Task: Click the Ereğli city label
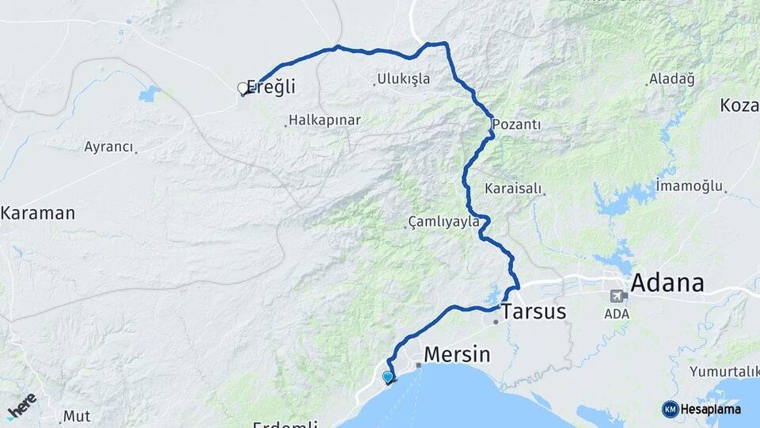click(x=271, y=86)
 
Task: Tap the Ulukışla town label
click(x=403, y=78)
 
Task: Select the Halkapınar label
click(x=325, y=120)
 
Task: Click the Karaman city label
click(x=37, y=212)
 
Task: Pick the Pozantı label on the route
click(x=516, y=124)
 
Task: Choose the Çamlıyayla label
click(x=443, y=221)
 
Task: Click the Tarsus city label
click(x=533, y=311)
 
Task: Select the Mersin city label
click(x=458, y=353)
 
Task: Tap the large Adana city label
click(x=667, y=283)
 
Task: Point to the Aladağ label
click(x=671, y=78)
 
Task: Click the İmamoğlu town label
click(x=690, y=186)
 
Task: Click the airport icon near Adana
click(x=617, y=296)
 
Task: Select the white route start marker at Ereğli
click(x=243, y=89)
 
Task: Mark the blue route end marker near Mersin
click(x=387, y=377)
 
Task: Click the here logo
click(x=21, y=405)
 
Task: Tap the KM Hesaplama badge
click(x=701, y=409)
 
